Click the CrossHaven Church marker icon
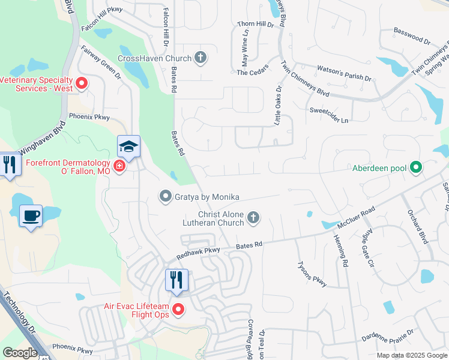[x=201, y=58]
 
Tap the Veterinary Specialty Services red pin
[x=82, y=83]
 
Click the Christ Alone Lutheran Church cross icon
[x=253, y=218]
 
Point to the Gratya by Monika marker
[x=165, y=196]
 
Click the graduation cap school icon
[x=128, y=146]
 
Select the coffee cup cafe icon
[x=31, y=215]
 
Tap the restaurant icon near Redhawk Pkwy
[x=176, y=280]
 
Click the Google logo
[x=20, y=353]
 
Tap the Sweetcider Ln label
[x=328, y=115]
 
